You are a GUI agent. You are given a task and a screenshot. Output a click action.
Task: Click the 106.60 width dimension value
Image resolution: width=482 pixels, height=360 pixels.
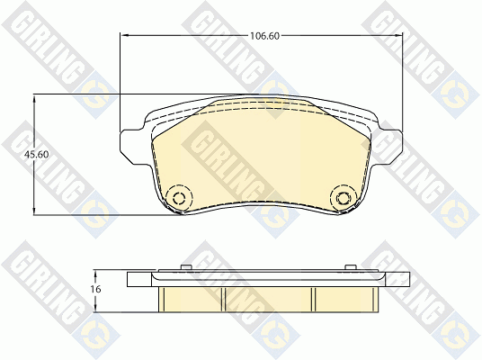[264, 36]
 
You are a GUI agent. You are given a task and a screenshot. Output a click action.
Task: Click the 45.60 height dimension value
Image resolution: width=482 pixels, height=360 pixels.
[37, 155]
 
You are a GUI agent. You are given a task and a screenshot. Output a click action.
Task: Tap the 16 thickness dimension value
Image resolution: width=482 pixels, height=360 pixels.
[96, 289]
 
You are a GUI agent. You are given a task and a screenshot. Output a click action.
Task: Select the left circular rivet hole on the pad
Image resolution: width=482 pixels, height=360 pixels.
[179, 198]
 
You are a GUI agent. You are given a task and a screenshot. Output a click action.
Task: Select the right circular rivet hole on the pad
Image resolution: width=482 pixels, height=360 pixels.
[344, 198]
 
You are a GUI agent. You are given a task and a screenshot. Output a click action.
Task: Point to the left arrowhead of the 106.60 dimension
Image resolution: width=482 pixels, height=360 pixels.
[123, 36]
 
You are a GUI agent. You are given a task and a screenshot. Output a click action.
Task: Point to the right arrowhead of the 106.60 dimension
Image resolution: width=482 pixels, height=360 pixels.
[398, 36]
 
